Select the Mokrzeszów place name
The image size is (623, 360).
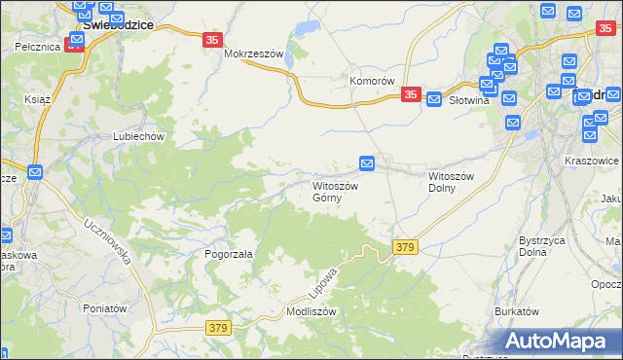pos(252,54)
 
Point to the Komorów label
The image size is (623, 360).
pos(371,81)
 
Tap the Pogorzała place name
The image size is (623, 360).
pos(229,254)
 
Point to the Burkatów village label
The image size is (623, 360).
pos(516,311)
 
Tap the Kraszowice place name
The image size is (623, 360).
pos(592,159)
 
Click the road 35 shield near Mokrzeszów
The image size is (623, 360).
pos(214,40)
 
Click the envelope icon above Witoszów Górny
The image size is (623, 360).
pos(367,163)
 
